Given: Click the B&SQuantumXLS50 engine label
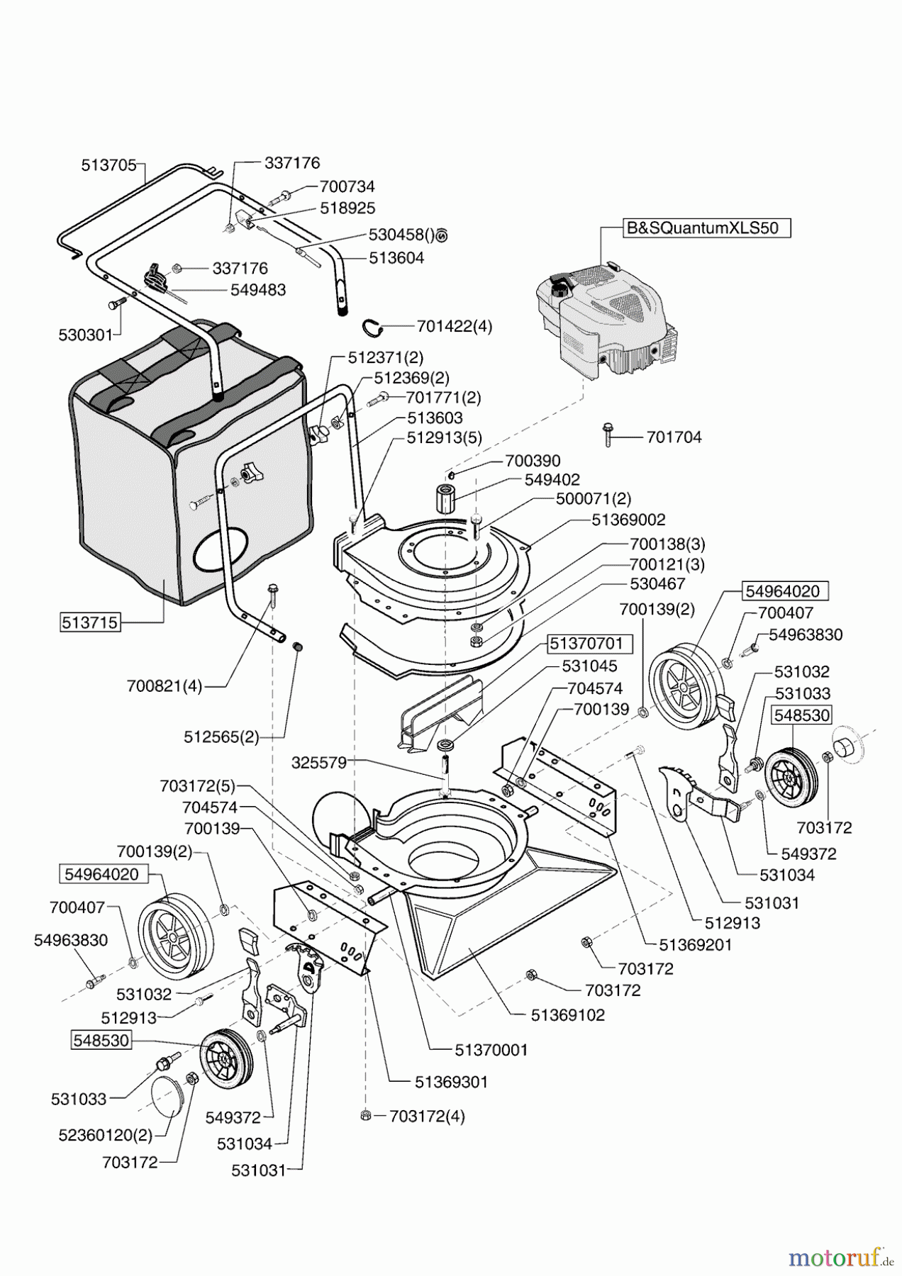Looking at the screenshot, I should click(x=701, y=228).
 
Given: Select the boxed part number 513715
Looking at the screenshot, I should click(x=89, y=623).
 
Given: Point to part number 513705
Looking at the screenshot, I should click(x=108, y=165).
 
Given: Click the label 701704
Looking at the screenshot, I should click(x=674, y=437).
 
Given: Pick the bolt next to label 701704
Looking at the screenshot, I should click(x=608, y=434).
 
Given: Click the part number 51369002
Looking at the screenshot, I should click(x=628, y=520).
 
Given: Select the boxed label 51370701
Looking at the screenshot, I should click(x=586, y=644).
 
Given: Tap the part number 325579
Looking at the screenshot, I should click(x=318, y=763).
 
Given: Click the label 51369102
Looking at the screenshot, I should click(x=567, y=1015).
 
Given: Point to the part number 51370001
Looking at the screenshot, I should click(x=491, y=1050).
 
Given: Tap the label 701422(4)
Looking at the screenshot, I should click(x=454, y=327).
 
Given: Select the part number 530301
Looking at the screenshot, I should click(x=85, y=335).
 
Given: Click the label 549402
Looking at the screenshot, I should click(x=552, y=480).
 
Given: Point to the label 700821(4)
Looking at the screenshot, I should click(x=164, y=686).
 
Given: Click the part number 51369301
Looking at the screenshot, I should click(x=451, y=1082).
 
